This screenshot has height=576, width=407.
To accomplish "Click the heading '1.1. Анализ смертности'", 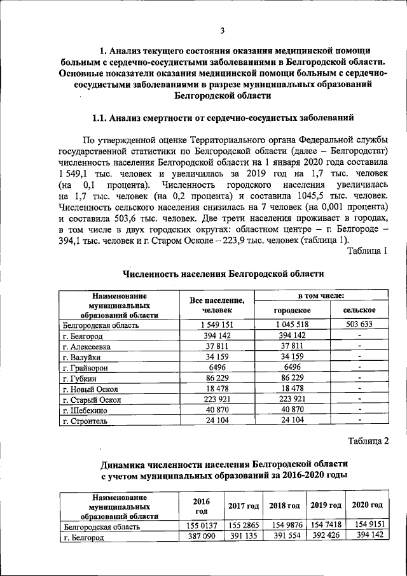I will pyautogui.click(x=219, y=118).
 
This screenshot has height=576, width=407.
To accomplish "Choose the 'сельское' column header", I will pyautogui.click(x=359, y=310).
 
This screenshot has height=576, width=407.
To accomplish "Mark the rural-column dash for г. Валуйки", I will pyautogui.click(x=359, y=357).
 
